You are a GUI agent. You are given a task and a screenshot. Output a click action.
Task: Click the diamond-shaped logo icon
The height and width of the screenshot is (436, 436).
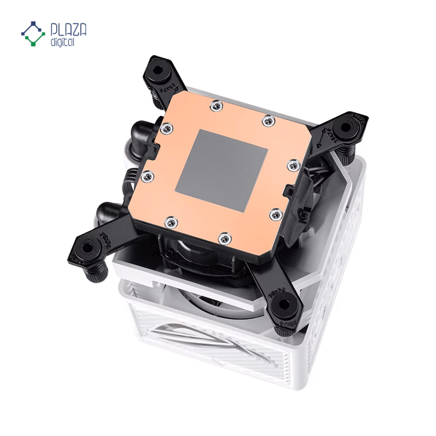pyautogui.click(x=34, y=33)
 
